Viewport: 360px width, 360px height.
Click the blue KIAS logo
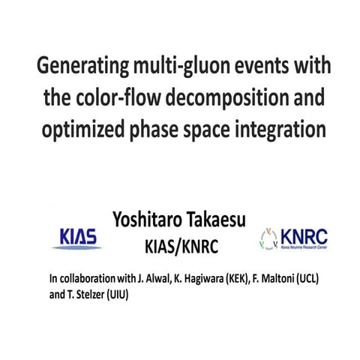(80, 237)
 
